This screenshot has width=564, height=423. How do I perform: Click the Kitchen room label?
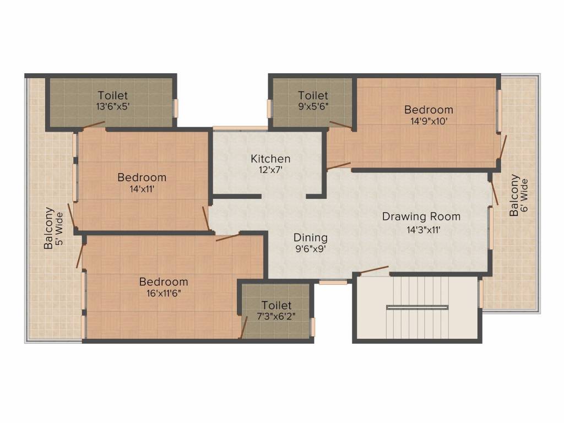point(270,159)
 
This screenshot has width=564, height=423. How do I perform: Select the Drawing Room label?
point(421,216)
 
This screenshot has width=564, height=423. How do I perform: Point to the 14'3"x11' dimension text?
point(421,230)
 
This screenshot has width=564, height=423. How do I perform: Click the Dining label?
point(310,237)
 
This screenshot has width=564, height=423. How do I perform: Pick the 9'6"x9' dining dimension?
point(310,250)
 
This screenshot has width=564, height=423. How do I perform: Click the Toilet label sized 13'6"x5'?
point(113,95)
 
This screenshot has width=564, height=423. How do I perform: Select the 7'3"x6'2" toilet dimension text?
point(276,316)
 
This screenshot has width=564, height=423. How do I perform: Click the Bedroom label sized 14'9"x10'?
point(429,109)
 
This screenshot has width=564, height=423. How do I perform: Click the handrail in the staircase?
point(417,307)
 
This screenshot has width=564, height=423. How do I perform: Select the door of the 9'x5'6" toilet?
point(340,125)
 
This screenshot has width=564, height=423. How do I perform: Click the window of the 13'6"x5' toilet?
point(176,107)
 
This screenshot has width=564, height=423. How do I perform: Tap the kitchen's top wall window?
point(240,128)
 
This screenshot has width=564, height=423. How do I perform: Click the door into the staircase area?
point(373,270)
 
